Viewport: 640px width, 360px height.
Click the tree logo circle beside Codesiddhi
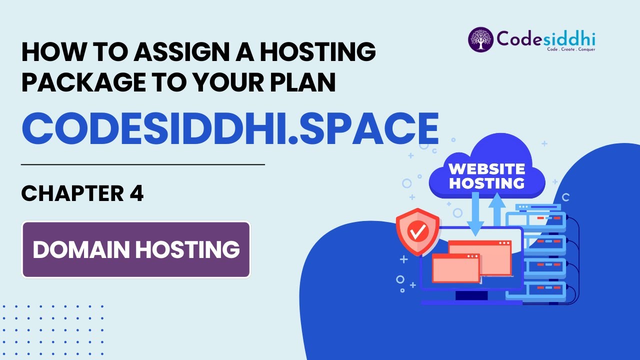coord(480,39)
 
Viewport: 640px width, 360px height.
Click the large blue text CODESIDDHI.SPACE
coord(230,128)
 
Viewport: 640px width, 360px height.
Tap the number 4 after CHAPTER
coord(136,193)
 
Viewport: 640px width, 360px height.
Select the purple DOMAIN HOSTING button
coord(136,249)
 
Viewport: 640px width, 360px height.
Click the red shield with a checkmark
coord(417,230)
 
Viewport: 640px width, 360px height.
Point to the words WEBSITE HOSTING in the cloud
coord(486,175)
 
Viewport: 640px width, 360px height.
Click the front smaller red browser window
coord(455,268)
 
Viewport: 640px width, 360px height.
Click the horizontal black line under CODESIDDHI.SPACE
coord(142,164)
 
